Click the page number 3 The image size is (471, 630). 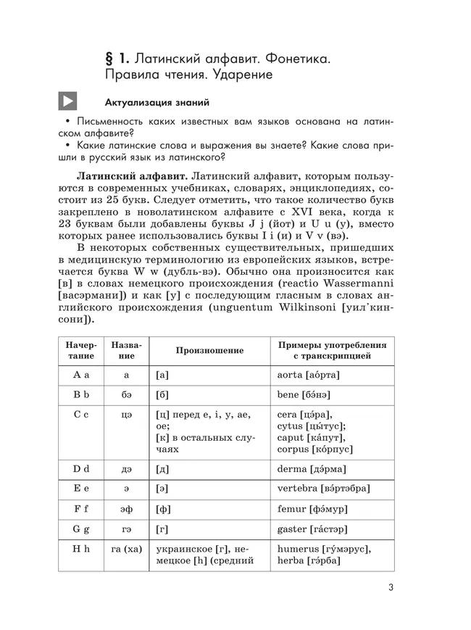click(x=390, y=588)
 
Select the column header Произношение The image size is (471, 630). click(x=209, y=351)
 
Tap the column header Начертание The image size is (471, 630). click(x=80, y=351)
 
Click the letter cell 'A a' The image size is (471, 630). click(x=80, y=375)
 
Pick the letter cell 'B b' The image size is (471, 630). click(x=80, y=395)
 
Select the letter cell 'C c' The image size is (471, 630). click(x=80, y=415)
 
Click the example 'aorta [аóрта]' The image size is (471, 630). click(x=308, y=375)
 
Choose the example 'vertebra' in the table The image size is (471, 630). click(x=298, y=489)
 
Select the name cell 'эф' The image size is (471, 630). click(x=126, y=510)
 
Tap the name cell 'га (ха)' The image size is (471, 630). click(x=126, y=550)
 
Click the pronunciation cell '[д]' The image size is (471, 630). click(x=162, y=469)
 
